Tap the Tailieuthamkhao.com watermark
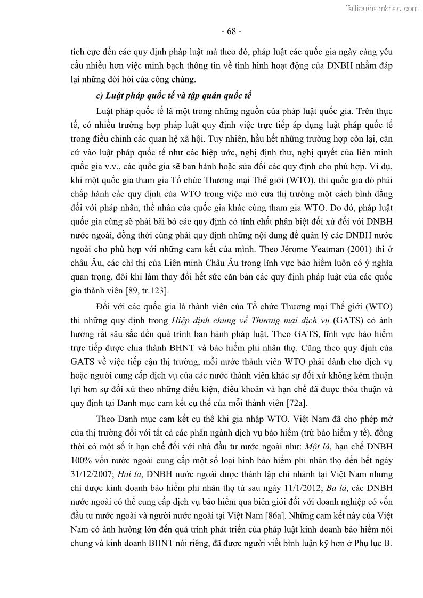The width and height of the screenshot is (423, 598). pyautogui.click(x=382, y=8)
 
